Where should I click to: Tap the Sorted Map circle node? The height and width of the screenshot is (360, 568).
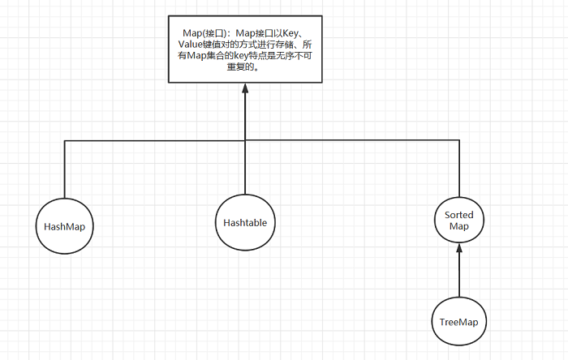click(459, 220)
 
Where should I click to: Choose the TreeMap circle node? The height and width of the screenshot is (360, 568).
click(458, 321)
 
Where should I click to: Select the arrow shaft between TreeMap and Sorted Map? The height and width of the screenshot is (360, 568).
click(459, 276)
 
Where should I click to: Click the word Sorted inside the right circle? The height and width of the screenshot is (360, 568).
click(459, 214)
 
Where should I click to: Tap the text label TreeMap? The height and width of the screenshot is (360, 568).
click(458, 322)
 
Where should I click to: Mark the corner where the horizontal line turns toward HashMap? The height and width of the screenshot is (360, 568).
click(64, 141)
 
